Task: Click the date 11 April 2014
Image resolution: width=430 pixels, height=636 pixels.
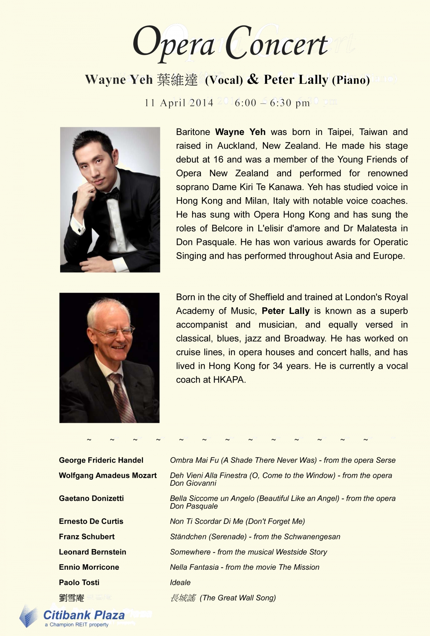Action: point(179,103)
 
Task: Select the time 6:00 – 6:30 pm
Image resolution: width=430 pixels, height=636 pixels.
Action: point(272,103)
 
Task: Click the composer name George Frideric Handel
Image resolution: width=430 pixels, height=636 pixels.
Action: point(101,460)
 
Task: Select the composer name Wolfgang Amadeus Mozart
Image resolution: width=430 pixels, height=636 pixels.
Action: point(107,476)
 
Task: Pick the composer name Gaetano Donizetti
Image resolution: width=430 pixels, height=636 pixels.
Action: point(91,499)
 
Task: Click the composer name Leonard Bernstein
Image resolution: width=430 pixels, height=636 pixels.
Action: point(92,552)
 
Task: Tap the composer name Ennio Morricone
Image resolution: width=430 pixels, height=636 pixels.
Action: point(89,567)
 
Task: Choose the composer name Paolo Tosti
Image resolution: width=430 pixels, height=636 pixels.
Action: point(79,583)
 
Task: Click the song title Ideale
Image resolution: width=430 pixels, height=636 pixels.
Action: point(180,583)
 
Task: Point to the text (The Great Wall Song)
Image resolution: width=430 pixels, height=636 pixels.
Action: point(238,598)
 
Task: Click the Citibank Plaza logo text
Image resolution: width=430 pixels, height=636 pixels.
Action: point(84,616)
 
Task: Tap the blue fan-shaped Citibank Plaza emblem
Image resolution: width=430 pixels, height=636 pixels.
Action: point(29,616)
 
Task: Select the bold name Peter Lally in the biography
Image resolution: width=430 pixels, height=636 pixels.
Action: point(286,311)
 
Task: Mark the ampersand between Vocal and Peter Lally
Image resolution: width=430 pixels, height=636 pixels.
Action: point(253,79)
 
